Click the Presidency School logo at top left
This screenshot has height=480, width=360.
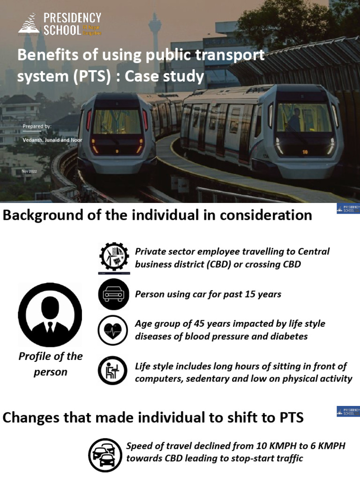point(60,24)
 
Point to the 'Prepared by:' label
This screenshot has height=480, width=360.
point(37,127)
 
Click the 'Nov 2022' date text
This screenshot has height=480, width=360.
point(29,171)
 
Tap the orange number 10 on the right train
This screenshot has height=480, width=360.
point(305,152)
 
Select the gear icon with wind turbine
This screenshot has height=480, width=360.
point(113,257)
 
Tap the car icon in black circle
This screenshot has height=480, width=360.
point(113,294)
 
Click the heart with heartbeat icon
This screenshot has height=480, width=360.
point(113,330)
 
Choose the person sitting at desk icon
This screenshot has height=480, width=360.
point(113,371)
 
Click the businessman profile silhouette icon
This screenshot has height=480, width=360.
point(50,315)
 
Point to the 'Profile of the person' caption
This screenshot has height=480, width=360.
point(50,364)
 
